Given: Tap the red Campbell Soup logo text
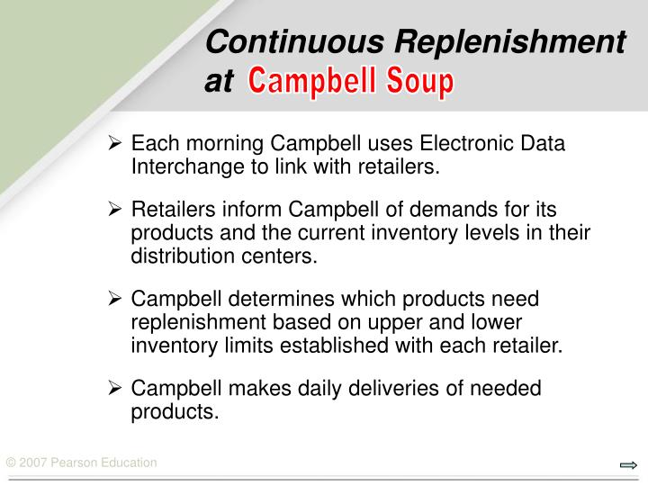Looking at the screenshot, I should click(351, 82).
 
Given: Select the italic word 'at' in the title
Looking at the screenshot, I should click(218, 82).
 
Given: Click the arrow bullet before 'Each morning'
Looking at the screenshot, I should click(115, 144).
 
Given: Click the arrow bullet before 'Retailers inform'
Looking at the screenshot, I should click(115, 210).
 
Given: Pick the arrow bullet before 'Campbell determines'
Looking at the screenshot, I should click(115, 299).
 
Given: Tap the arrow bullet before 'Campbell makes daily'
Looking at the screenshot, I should click(115, 388).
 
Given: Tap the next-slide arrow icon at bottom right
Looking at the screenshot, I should click(628, 464).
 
